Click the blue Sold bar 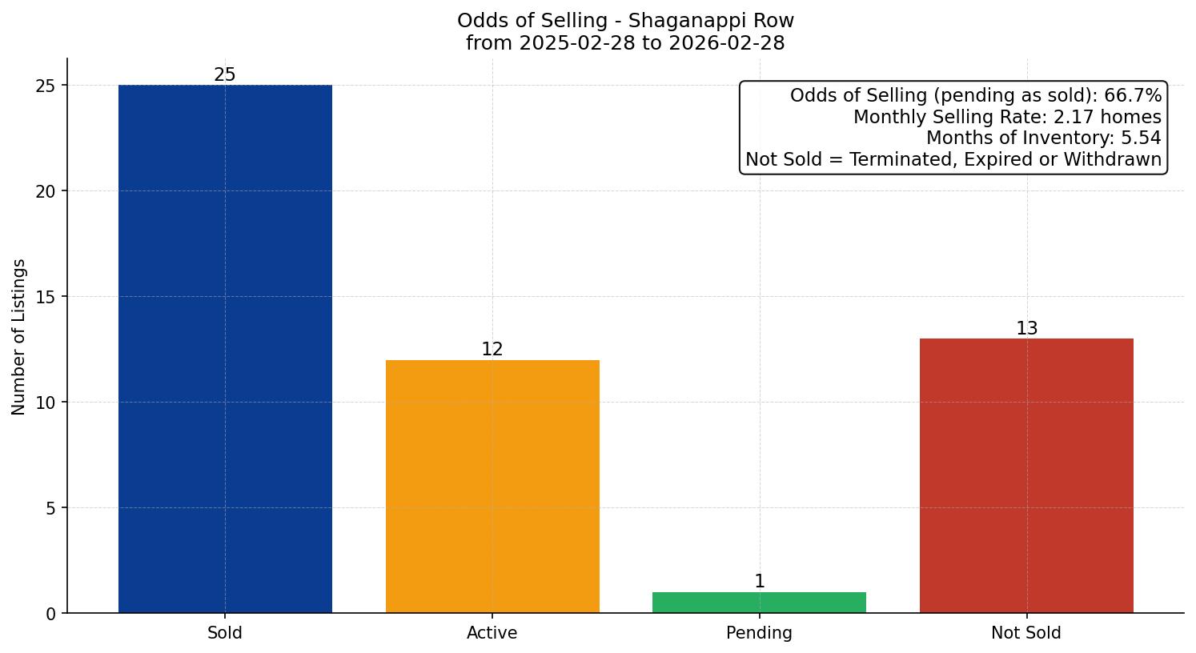[225, 349]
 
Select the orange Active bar [492, 487]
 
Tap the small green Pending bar [759, 603]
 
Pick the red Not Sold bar [1026, 476]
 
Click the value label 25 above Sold [225, 75]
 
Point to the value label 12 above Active [492, 350]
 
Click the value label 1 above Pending [760, 582]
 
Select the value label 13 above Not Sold [1026, 329]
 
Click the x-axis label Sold [225, 633]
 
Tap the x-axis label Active [492, 633]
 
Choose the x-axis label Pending [759, 633]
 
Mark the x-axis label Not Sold [1026, 633]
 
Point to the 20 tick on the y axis [46, 191]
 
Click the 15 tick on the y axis [46, 297]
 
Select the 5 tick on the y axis [51, 508]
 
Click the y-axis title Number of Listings [19, 337]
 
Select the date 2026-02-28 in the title [727, 43]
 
